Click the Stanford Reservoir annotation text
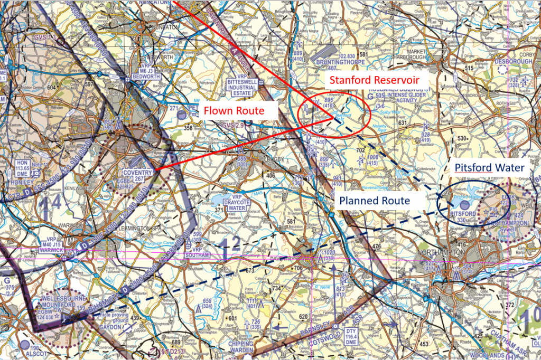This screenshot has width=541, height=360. coord(375,80)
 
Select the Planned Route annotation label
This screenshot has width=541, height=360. coord(374,201)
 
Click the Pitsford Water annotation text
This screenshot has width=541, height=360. coord(489,168)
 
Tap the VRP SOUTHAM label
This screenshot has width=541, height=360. coord(197,252)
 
